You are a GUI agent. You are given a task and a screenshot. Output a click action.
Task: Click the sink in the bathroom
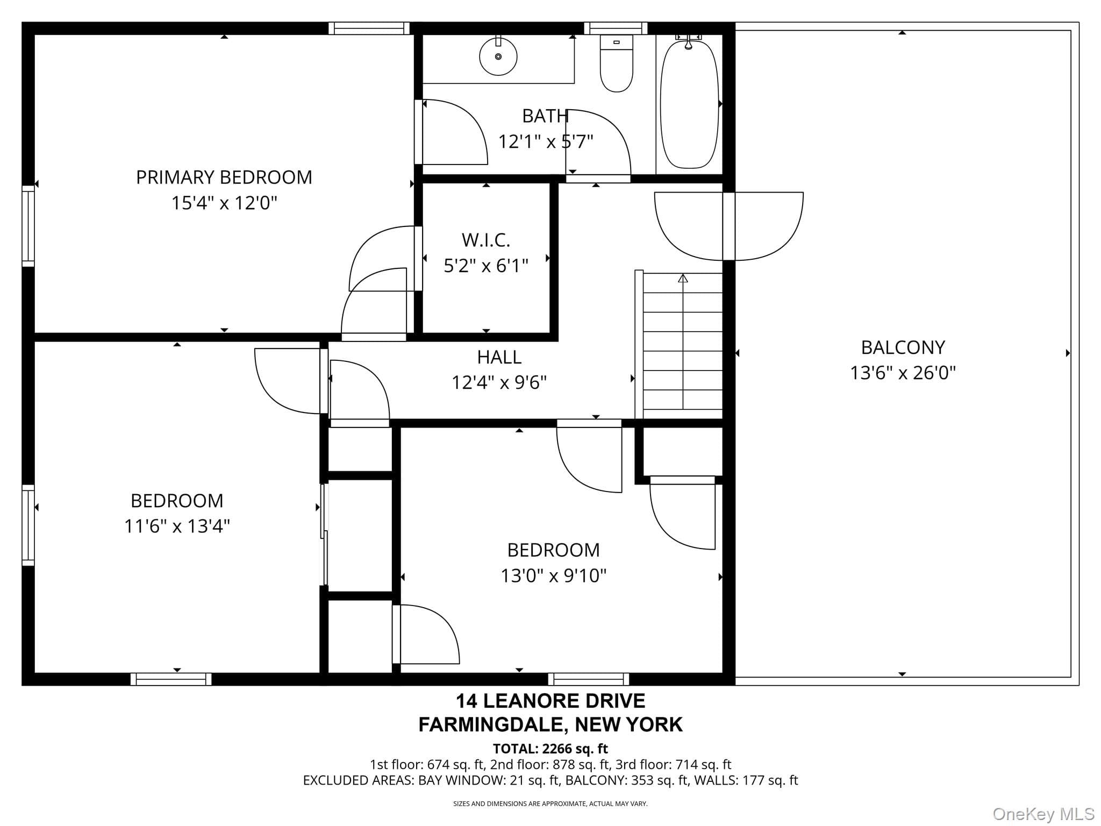coord(498,56)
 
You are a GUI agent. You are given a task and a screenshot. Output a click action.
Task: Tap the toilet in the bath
coord(616,63)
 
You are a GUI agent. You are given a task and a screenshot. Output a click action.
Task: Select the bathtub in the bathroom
coord(689,102)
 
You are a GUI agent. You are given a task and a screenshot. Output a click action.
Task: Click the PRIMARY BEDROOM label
coord(224,177)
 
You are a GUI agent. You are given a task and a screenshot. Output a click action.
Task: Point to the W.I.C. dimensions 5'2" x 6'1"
coord(486,265)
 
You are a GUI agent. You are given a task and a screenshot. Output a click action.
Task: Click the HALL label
coord(499,357)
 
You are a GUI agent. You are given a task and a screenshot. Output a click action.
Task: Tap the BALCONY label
coord(903,347)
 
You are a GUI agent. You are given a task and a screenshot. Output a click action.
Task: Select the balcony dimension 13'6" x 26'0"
coord(903,373)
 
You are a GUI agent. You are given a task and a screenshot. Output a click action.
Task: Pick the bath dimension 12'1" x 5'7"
coord(546,141)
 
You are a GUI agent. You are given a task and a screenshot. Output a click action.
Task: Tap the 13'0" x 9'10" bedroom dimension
coord(554,575)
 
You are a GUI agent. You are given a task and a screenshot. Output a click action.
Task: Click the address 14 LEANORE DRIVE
coord(550,701)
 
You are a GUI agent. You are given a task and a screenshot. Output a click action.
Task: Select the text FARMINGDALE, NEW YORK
coord(550,724)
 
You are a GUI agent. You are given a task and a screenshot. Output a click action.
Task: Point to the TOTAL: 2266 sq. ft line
coord(550,749)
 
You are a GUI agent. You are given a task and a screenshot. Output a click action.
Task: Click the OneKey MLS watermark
coord(1043,814)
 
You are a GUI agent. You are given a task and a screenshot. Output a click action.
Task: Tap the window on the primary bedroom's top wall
coord(369,28)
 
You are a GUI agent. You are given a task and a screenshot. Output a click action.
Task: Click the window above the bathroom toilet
coord(616,28)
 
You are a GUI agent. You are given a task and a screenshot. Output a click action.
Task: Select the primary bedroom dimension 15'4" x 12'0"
coord(224,203)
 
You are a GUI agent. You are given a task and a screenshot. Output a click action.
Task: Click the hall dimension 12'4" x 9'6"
coord(499,382)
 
